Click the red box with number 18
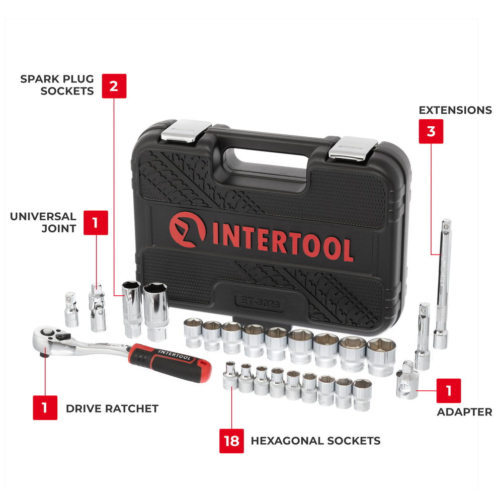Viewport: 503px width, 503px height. [231, 441]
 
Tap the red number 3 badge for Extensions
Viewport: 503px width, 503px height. [431, 131]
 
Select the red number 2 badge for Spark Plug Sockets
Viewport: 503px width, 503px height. [114, 86]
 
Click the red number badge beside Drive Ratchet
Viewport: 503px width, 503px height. [45, 407]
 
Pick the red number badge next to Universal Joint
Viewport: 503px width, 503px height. [96, 222]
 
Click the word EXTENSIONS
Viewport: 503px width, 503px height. [455, 110]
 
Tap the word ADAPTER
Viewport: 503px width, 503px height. [464, 412]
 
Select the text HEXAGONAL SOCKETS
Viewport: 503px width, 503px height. [315, 441]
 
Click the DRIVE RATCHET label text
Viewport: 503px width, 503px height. [112, 408]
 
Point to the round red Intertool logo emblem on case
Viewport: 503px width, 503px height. [187, 230]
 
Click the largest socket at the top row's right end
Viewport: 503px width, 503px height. [381, 356]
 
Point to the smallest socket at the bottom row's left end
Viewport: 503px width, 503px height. [230, 376]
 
